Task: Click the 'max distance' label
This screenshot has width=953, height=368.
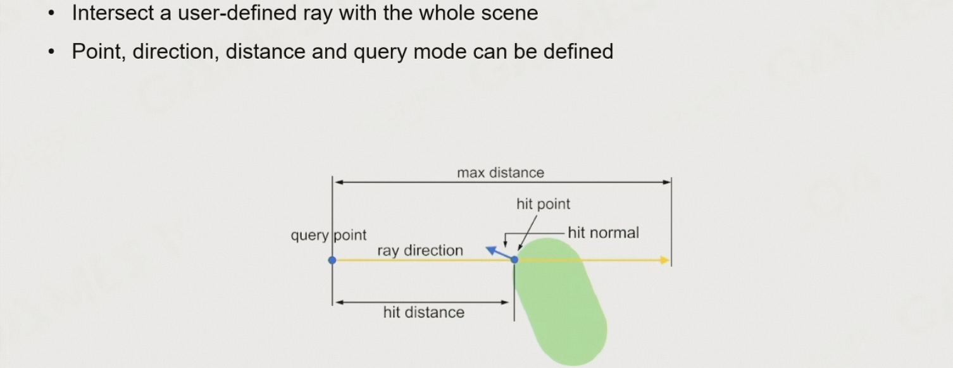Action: pos(501,173)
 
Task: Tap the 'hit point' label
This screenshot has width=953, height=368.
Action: pos(543,204)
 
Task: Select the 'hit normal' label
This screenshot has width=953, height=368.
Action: pos(603,233)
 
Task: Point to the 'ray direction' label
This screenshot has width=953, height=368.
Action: pos(420,250)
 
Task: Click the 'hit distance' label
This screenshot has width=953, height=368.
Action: pos(423,312)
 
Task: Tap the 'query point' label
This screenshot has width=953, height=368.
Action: pos(328,235)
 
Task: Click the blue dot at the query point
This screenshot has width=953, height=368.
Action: pos(332,260)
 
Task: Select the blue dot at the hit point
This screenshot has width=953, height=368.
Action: pos(514,259)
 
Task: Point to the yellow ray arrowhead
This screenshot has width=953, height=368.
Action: pos(664,260)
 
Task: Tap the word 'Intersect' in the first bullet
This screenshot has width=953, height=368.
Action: pos(110,13)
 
